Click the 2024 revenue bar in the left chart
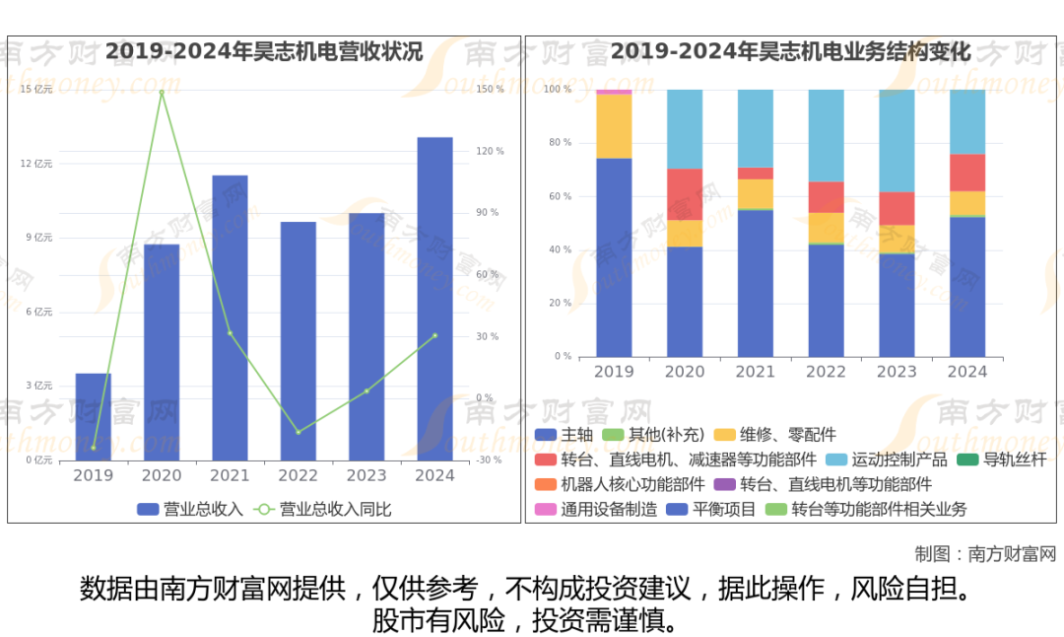pyautogui.click(x=434, y=298)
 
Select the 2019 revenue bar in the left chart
pyautogui.click(x=94, y=416)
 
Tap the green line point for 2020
pyautogui.click(x=162, y=93)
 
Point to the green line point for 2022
pyautogui.click(x=299, y=432)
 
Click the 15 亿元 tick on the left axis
pyautogui.click(x=36, y=90)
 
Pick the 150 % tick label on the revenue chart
pyautogui.click(x=490, y=90)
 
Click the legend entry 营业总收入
pyautogui.click(x=190, y=509)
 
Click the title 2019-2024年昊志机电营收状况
pyautogui.click(x=264, y=51)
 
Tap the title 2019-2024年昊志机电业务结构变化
pyautogui.click(x=791, y=51)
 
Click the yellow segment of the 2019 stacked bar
pyautogui.click(x=614, y=125)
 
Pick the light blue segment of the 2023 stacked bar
pyautogui.click(x=897, y=140)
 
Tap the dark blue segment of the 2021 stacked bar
pyautogui.click(x=756, y=283)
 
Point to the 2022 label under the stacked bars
pyautogui.click(x=826, y=372)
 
